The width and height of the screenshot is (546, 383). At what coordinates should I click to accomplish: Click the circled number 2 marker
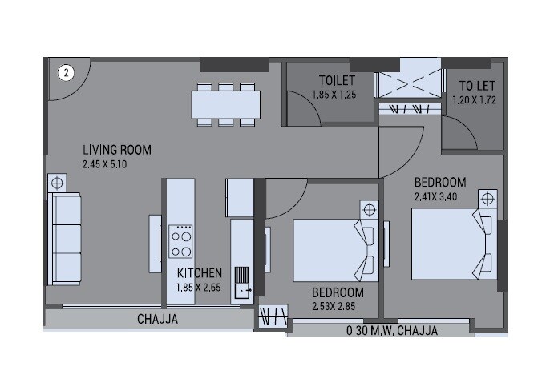click(x=66, y=72)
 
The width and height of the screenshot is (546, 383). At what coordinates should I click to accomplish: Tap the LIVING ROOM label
click(x=117, y=150)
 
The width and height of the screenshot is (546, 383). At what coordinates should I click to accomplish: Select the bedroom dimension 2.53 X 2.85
click(x=338, y=305)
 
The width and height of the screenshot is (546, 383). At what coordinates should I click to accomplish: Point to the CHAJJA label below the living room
click(x=157, y=320)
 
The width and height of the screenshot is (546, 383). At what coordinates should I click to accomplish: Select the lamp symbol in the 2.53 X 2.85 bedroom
click(x=368, y=211)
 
